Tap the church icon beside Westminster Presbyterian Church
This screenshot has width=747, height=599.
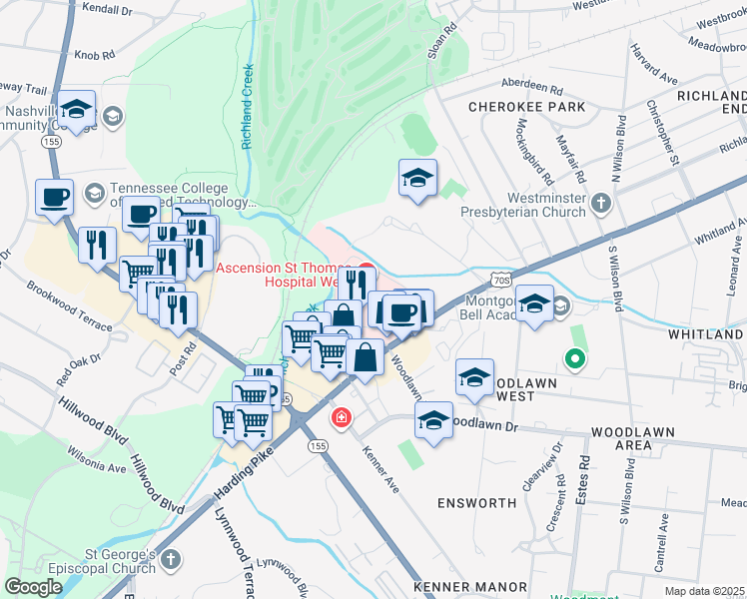600,203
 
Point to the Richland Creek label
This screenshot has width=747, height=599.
246,107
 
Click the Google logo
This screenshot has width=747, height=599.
33,587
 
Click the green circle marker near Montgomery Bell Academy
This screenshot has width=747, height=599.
574,358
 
